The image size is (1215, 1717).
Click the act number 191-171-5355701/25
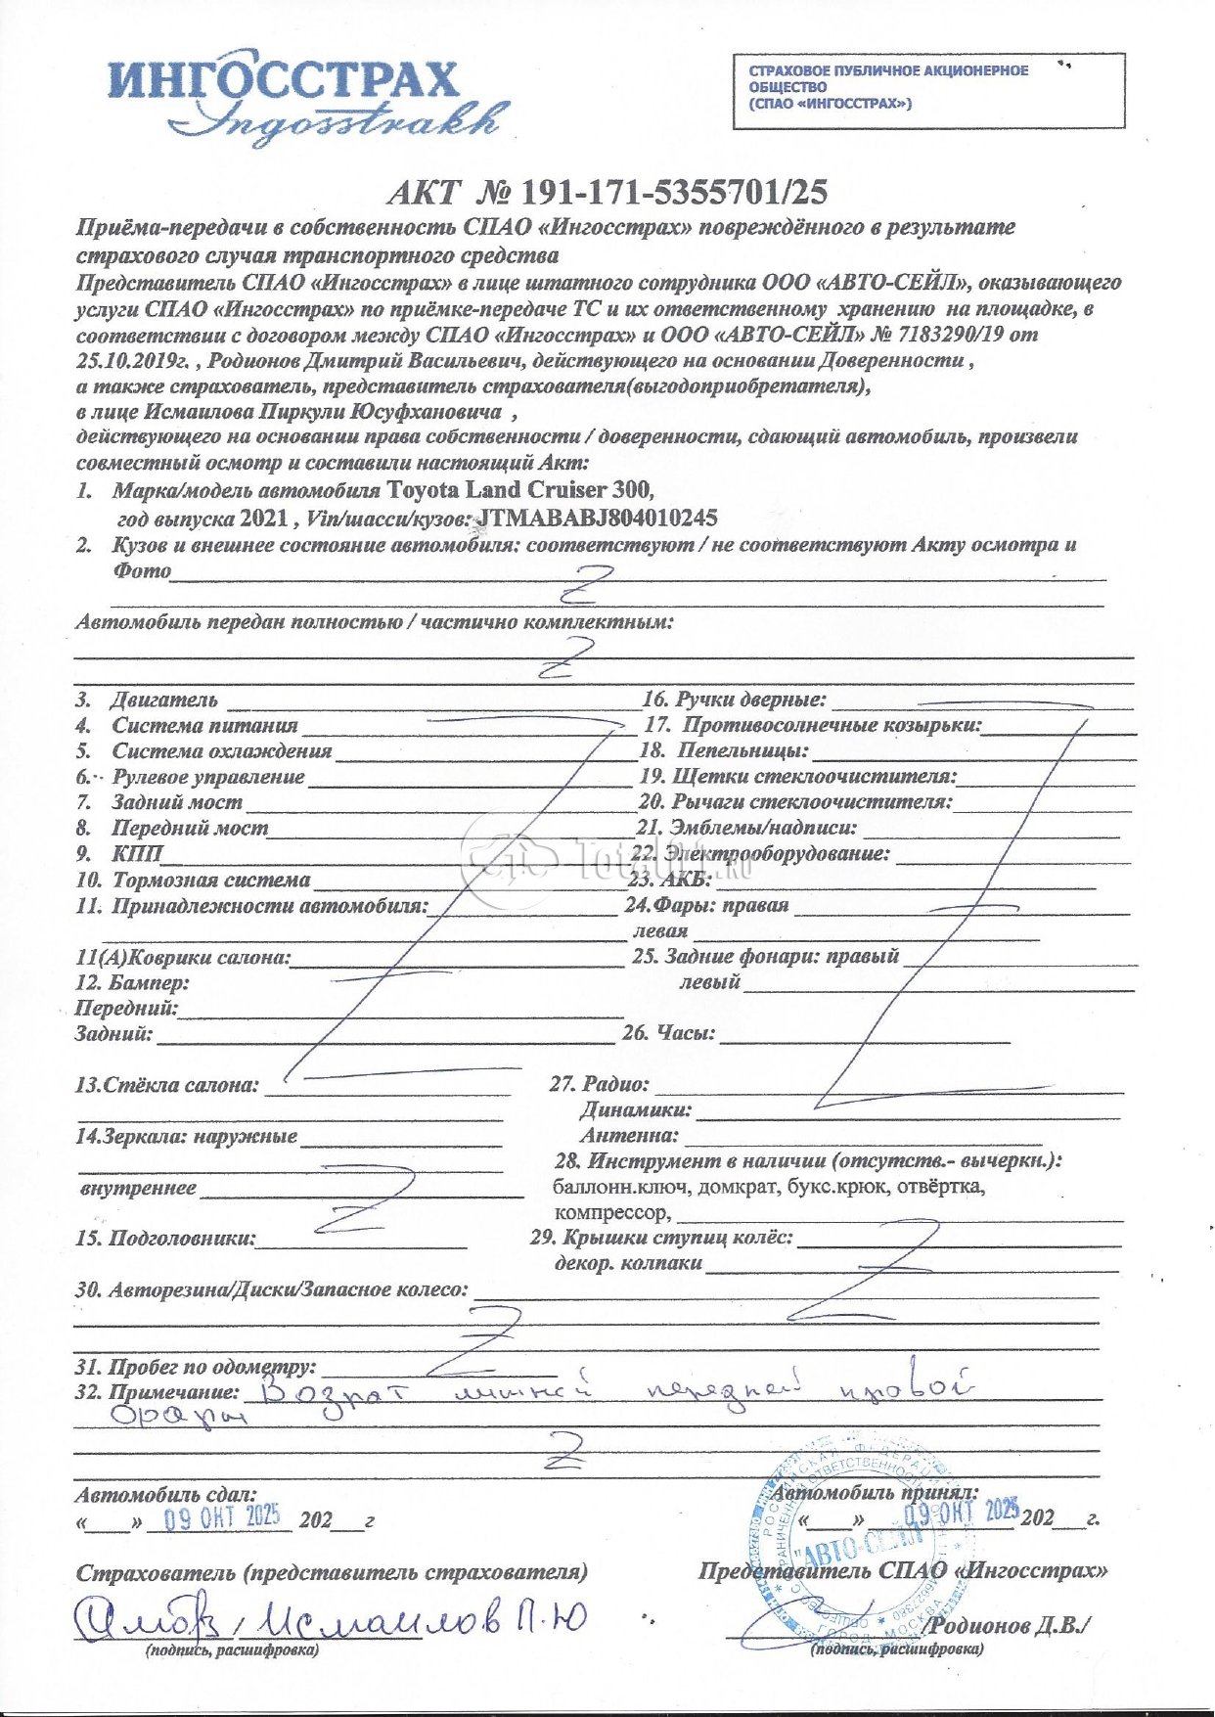pyautogui.click(x=674, y=192)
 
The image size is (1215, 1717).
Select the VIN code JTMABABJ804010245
pyautogui.click(x=596, y=517)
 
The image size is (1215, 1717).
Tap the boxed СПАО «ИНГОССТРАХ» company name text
pyautogui.click(x=888, y=86)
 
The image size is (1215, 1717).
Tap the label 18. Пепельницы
pyautogui.click(x=724, y=750)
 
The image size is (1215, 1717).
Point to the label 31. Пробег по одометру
pyautogui.click(x=196, y=1366)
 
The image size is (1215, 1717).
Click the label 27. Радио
pyautogui.click(x=600, y=1083)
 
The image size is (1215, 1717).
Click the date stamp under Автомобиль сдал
pyautogui.click(x=222, y=1517)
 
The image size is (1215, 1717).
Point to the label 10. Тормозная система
pyautogui.click(x=194, y=880)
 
